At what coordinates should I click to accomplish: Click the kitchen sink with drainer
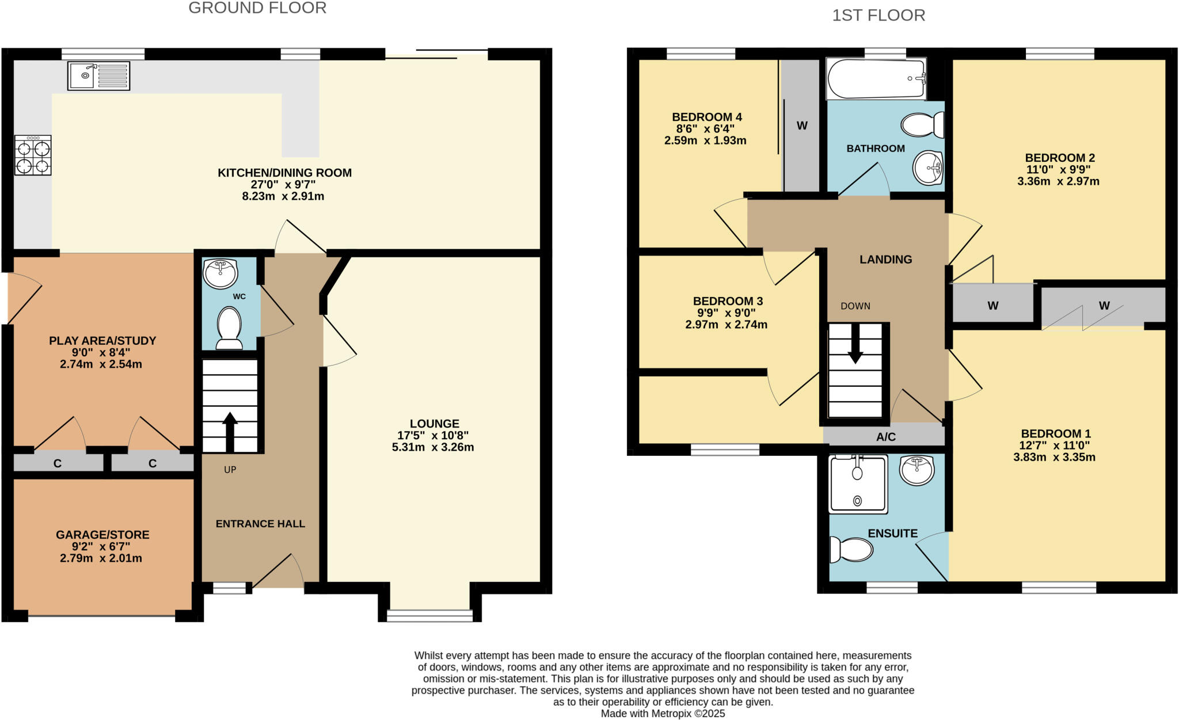pyautogui.click(x=98, y=76)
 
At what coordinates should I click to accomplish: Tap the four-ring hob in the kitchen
pyautogui.click(x=33, y=155)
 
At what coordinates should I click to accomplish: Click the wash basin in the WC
pyautogui.click(x=220, y=274)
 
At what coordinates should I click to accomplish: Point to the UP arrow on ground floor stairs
pyautogui.click(x=230, y=429)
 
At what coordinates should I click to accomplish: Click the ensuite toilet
pyautogui.click(x=851, y=550)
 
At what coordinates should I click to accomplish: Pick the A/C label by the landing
pyautogui.click(x=885, y=437)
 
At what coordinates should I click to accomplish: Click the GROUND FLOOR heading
pyautogui.click(x=257, y=8)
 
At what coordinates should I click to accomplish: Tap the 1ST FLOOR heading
pyautogui.click(x=878, y=16)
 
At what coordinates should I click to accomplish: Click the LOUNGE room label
pyautogui.click(x=434, y=424)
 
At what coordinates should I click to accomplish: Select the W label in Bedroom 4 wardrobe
pyautogui.click(x=802, y=125)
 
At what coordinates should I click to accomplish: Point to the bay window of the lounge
pyautogui.click(x=429, y=616)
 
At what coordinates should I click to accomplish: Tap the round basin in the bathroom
pyautogui.click(x=928, y=167)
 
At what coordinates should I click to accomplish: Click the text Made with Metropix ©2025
pyautogui.click(x=663, y=714)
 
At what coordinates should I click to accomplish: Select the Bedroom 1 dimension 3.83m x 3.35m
pyautogui.click(x=1054, y=458)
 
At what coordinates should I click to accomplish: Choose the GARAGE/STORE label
pyautogui.click(x=102, y=535)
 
